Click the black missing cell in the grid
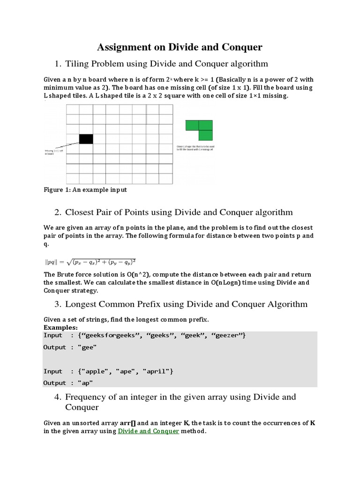tap(86, 139)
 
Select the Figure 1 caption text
tap(85, 190)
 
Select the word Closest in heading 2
tap(81, 212)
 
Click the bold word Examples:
tap(60, 327)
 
